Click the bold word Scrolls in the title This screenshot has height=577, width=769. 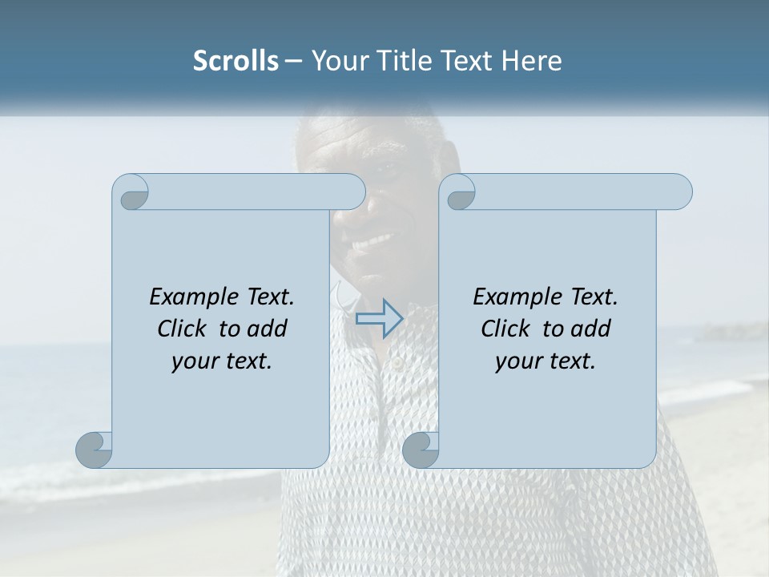(236, 61)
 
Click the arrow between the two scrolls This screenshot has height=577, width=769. (380, 318)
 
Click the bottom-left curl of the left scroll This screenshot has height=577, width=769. (95, 450)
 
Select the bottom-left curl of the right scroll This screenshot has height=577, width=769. (421, 450)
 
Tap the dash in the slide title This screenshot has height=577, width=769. (293, 61)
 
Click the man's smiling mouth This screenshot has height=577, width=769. (375, 240)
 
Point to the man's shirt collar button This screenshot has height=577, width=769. (396, 363)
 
